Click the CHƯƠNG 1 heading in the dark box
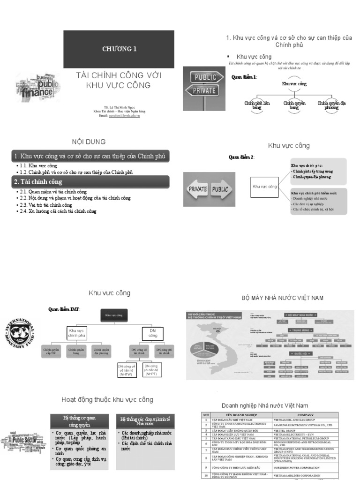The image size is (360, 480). (x=119, y=49)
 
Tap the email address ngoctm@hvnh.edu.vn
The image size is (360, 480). (x=124, y=115)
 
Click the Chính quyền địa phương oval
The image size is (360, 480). (x=329, y=105)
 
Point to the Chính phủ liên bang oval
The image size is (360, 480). (x=257, y=105)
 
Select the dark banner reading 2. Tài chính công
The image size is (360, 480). (x=90, y=182)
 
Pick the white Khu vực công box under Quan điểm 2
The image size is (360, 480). (x=265, y=187)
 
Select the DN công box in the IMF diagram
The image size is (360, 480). (x=153, y=333)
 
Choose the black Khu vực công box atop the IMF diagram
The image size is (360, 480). (x=113, y=315)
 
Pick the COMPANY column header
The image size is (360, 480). (x=305, y=415)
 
